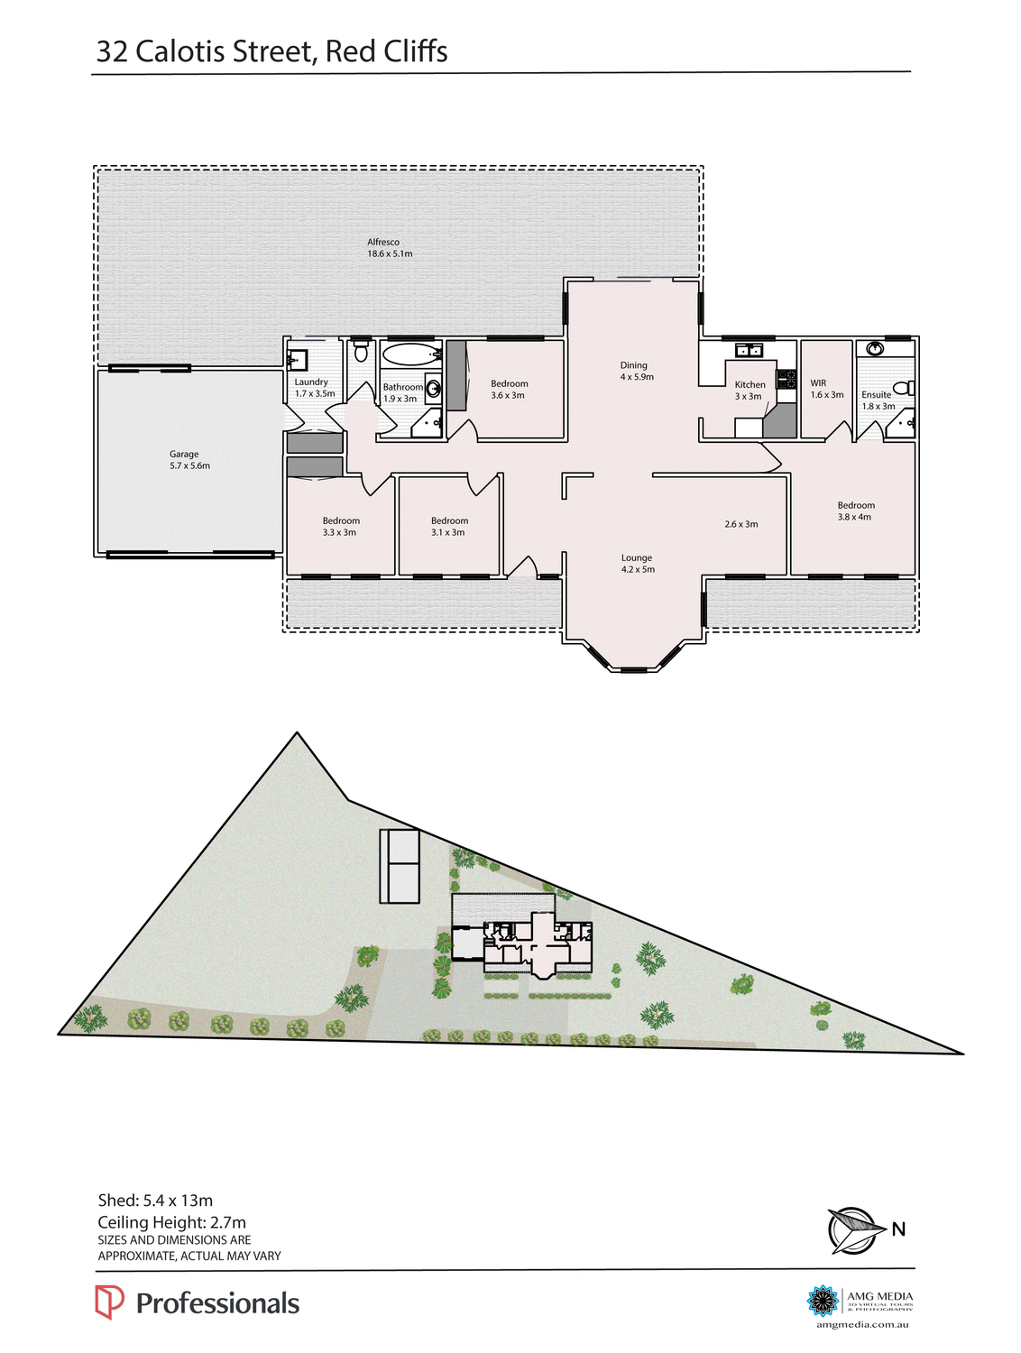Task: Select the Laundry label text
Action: pos(312,382)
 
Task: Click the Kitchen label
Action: pos(749,385)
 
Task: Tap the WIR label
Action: pos(819,383)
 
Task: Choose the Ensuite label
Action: pos(876,395)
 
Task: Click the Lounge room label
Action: pos(637,558)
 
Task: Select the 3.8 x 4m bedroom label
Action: pos(855,511)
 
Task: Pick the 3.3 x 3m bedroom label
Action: pos(340,527)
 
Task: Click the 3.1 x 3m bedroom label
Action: pos(448,527)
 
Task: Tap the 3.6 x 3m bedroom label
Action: pos(509,390)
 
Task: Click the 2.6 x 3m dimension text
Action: pos(740,524)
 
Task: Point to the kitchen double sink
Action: pos(749,350)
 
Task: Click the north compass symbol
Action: pos(852,1230)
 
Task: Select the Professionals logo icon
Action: pos(109,1302)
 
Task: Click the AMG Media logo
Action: pos(823,1301)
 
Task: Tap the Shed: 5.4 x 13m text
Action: pos(155,1201)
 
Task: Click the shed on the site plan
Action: pos(400,866)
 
